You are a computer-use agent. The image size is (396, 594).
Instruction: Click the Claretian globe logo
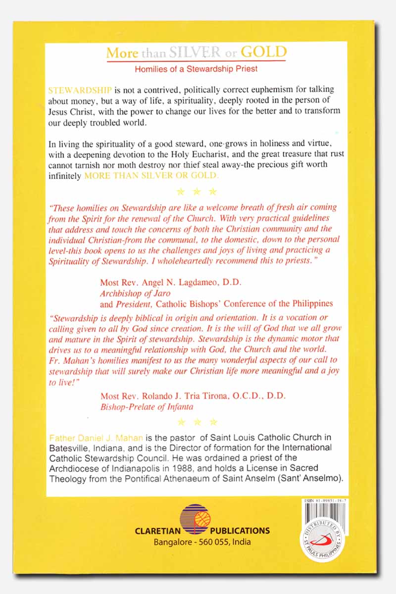click(195, 521)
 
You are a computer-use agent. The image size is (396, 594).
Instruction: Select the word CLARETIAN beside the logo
click(156, 531)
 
